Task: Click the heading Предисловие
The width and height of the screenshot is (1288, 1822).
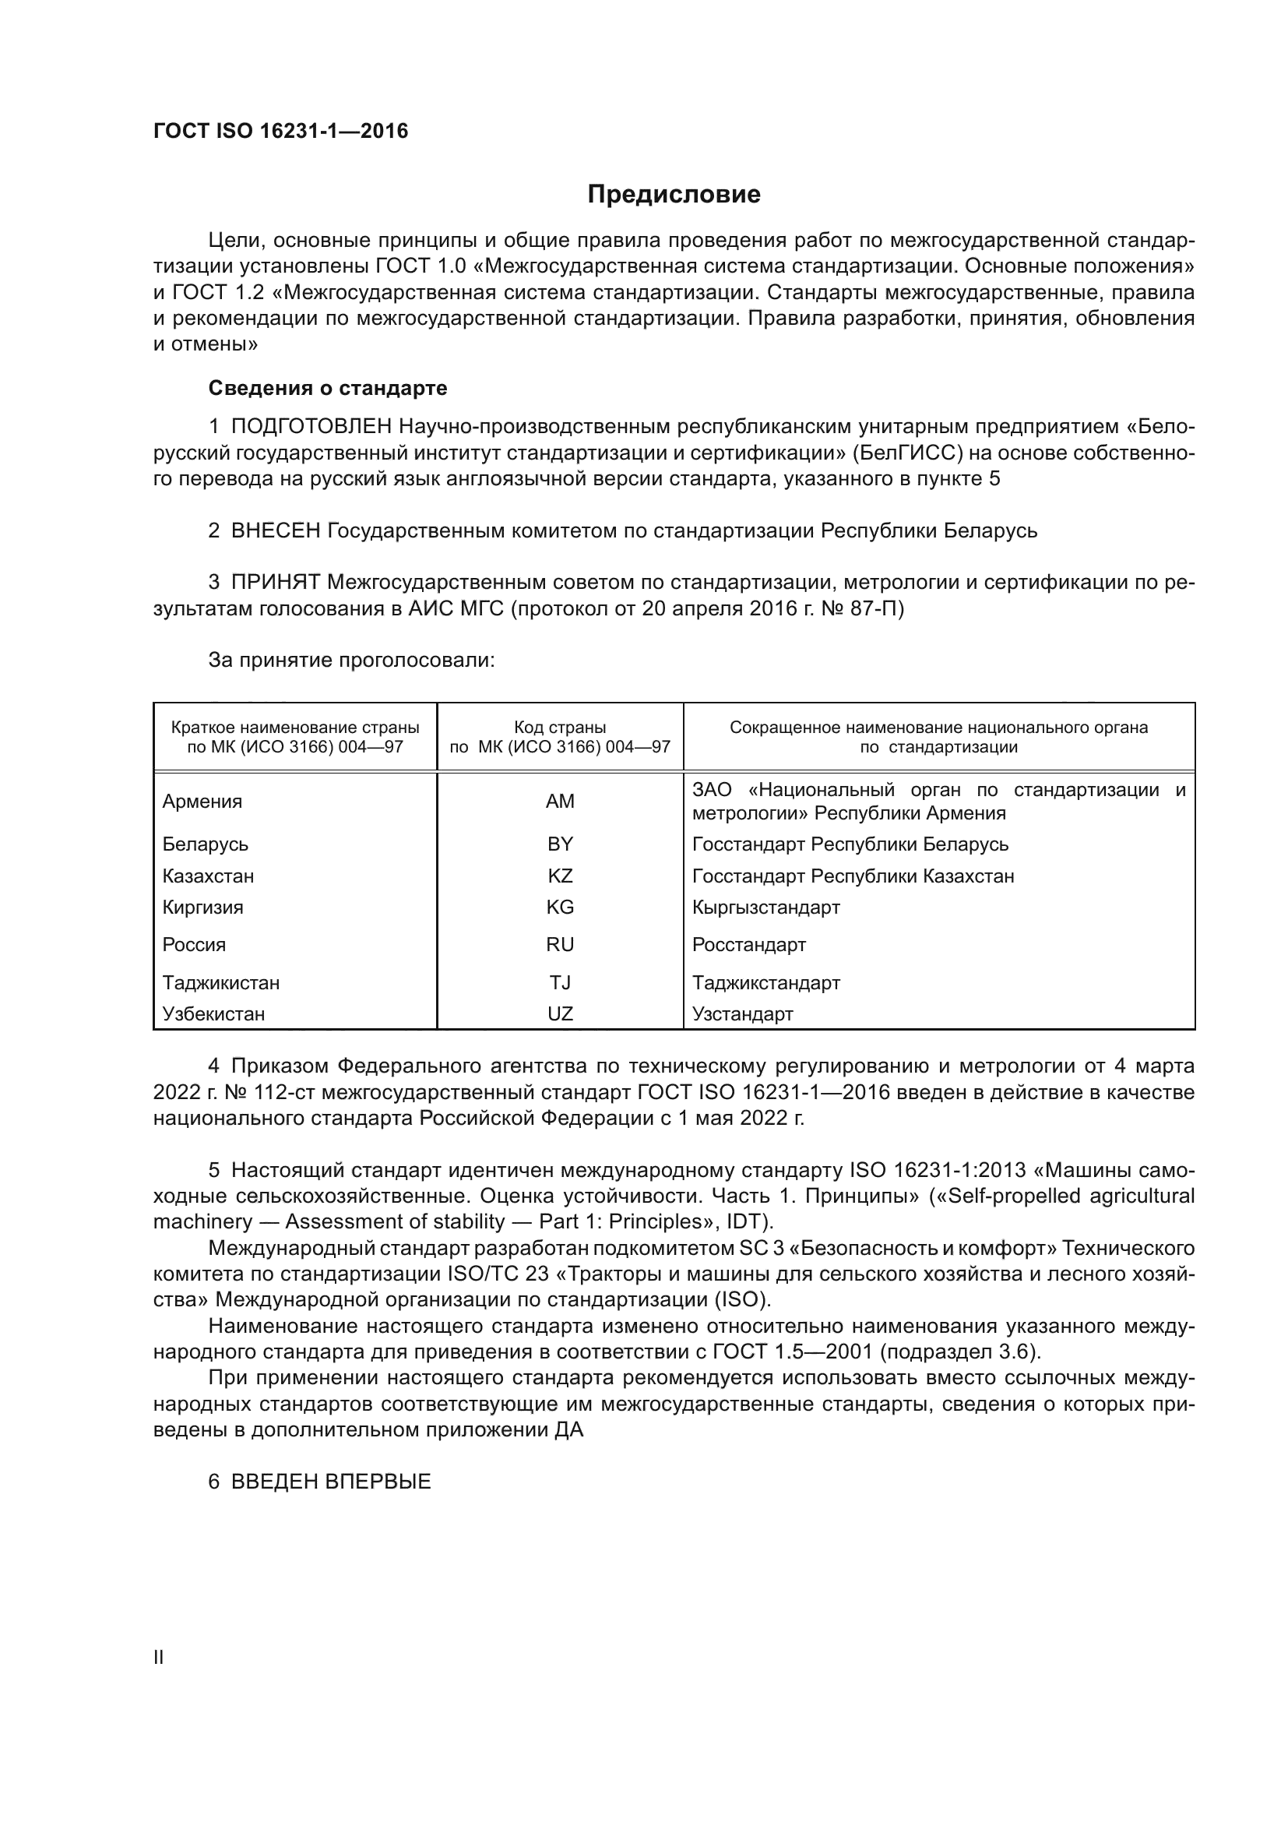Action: (674, 195)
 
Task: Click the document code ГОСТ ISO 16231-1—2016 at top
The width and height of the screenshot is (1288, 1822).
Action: (281, 132)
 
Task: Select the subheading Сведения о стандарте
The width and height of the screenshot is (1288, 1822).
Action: (328, 388)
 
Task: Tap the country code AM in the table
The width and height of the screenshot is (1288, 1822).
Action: (560, 802)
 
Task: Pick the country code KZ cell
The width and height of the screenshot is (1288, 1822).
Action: (560, 876)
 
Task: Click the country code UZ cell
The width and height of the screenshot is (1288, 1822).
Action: (560, 1014)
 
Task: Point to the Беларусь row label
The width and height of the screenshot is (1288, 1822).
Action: (206, 844)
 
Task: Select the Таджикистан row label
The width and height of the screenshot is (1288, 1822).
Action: (220, 983)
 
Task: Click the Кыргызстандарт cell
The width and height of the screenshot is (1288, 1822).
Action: (765, 907)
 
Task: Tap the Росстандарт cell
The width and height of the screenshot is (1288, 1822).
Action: (748, 945)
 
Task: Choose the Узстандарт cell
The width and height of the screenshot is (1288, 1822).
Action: (742, 1014)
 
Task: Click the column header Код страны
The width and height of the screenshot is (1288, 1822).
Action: (560, 728)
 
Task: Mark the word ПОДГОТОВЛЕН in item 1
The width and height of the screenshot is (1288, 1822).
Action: (311, 427)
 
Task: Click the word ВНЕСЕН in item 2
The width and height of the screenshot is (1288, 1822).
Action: (275, 531)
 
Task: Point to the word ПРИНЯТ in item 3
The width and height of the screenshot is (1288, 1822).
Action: (275, 583)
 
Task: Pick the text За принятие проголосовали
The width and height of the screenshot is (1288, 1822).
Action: (351, 661)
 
